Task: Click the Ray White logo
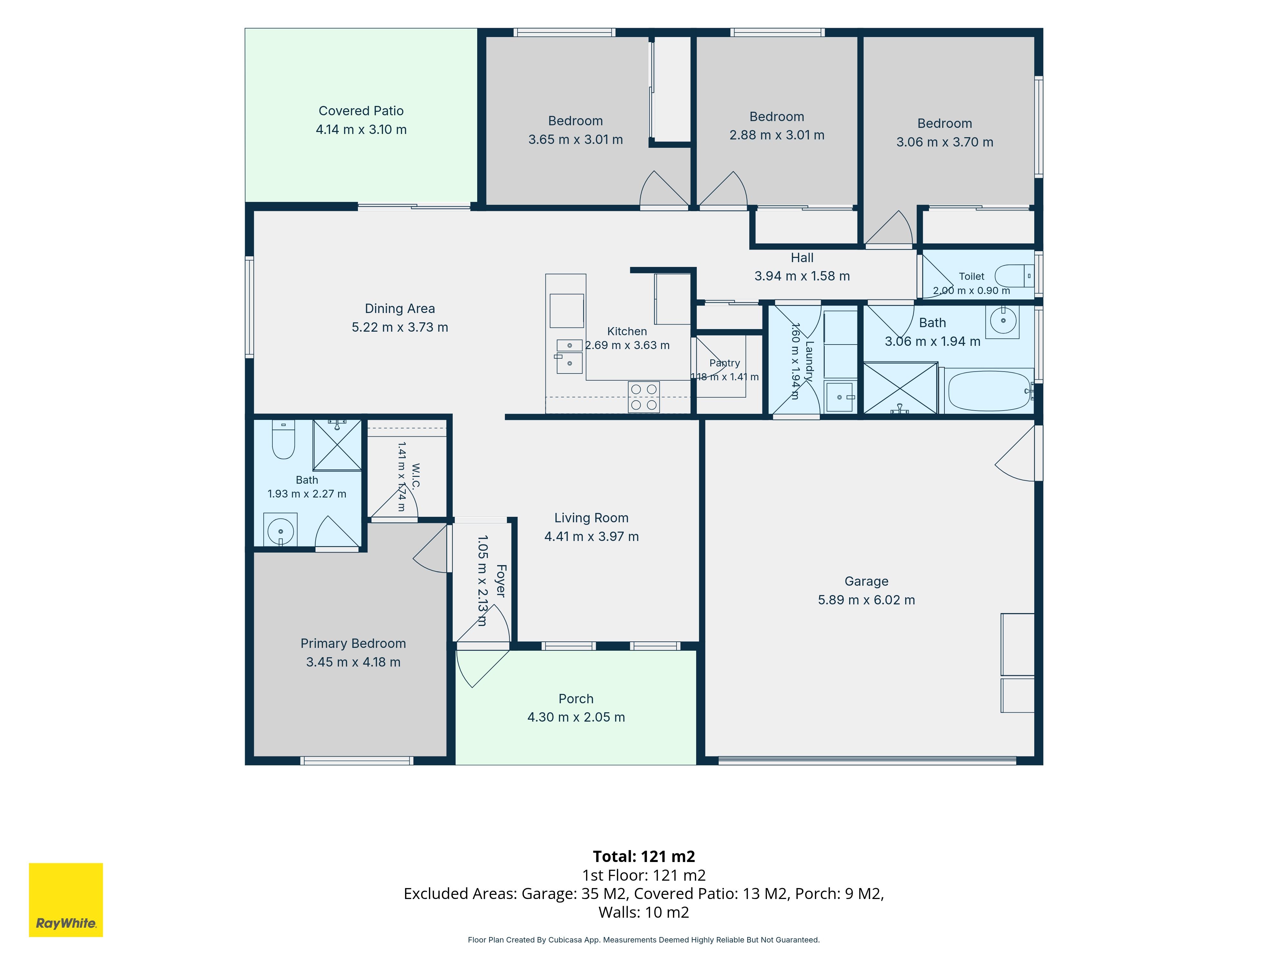(66, 900)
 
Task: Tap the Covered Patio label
(361, 111)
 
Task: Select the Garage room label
(867, 581)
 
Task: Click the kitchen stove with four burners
(644, 397)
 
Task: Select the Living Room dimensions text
(592, 536)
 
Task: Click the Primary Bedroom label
(353, 643)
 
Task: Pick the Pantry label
(725, 363)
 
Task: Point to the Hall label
(802, 257)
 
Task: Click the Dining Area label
(400, 308)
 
